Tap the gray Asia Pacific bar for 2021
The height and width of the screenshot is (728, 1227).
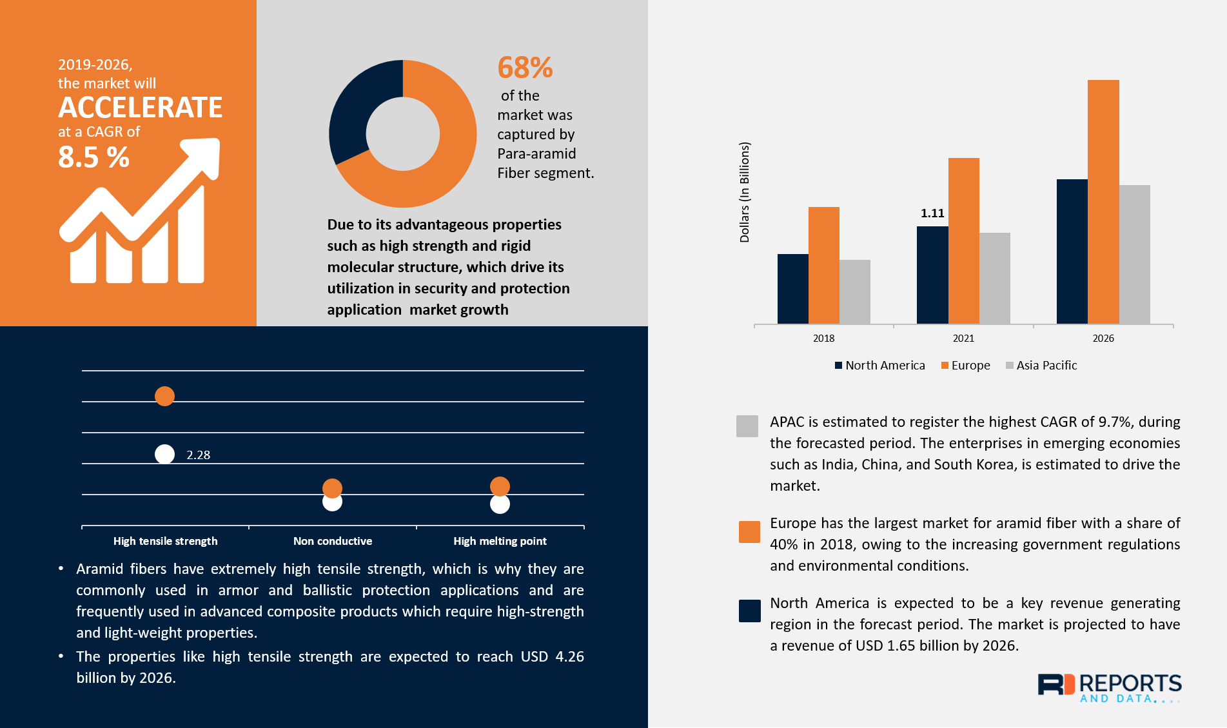(994, 278)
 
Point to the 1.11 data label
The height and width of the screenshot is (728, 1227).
(932, 213)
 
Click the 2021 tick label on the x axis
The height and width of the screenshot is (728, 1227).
(963, 338)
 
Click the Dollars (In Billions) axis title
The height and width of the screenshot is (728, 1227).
(745, 192)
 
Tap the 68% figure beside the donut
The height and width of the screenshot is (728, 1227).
(525, 68)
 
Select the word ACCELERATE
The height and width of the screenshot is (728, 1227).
(141, 108)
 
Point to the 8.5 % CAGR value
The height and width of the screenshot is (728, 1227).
(94, 157)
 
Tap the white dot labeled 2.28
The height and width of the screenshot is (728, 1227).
(164, 455)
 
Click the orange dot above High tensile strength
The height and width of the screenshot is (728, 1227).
(164, 396)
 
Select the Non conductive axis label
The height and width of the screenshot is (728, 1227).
(333, 541)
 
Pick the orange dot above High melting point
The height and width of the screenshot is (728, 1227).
(500, 486)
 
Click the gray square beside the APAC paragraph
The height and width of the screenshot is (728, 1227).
(747, 426)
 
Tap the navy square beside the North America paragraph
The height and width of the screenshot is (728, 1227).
(749, 611)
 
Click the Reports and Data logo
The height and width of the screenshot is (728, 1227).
(1109, 688)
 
